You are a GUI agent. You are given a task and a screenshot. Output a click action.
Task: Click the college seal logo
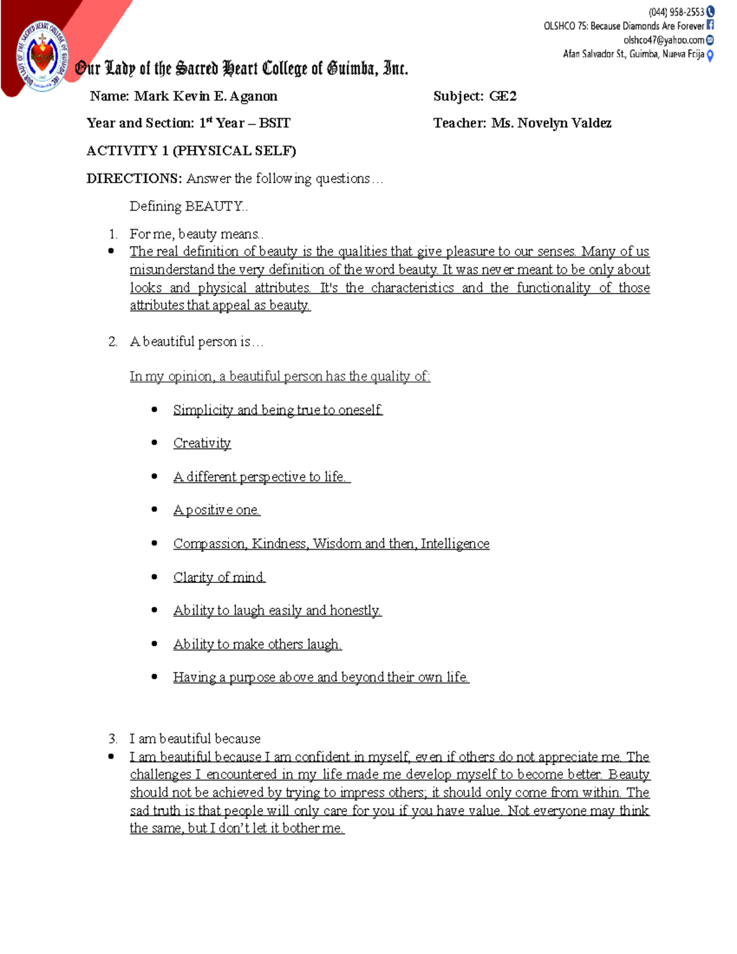point(42,57)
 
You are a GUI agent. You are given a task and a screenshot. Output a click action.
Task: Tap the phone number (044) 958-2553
point(676,12)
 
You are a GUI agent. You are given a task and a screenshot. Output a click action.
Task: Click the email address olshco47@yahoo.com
point(663,40)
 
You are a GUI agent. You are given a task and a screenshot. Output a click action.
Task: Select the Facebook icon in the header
point(710,25)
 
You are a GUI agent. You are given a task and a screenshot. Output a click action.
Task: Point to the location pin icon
point(710,55)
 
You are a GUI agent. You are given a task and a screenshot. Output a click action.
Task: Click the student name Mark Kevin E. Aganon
point(206,96)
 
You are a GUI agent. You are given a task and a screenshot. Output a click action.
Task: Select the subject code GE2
point(502,96)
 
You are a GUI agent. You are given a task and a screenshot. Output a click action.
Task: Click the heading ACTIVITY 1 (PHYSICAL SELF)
point(191,151)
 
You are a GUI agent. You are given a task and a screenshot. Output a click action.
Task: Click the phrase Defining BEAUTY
point(188,206)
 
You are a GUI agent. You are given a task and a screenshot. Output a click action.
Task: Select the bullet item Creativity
point(202,443)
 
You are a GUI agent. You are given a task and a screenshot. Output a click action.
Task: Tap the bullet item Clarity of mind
point(219,577)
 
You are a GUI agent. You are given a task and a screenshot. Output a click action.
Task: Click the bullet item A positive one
point(217,510)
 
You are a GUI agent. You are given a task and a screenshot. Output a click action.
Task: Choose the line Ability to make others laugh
point(257,644)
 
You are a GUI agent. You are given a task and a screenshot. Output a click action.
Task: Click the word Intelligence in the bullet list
point(455,544)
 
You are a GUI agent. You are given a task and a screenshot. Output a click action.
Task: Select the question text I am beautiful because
point(195,738)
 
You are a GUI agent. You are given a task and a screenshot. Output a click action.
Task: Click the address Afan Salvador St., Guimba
point(633,54)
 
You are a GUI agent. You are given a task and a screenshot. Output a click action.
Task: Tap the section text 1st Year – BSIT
point(244,123)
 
